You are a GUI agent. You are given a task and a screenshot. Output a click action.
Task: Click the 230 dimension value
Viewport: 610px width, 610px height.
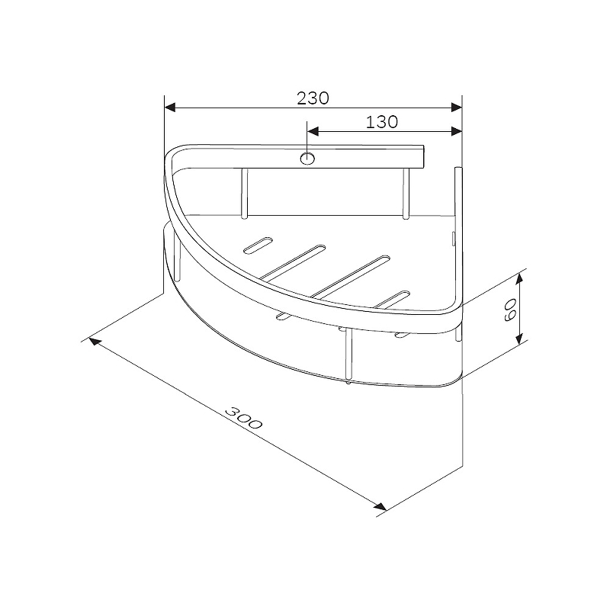313,98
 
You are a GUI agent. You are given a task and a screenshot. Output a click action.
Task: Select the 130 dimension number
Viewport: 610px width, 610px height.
382,122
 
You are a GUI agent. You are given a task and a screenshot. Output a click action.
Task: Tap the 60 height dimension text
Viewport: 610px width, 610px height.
509,310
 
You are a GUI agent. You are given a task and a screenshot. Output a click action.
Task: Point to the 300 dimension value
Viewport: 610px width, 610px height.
244,417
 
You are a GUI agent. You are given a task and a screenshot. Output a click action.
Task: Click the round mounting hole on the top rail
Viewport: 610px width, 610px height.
307,159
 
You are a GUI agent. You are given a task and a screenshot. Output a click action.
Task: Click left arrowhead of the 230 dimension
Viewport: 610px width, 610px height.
170,108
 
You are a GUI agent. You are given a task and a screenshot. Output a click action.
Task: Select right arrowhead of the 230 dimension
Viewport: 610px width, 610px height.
456,108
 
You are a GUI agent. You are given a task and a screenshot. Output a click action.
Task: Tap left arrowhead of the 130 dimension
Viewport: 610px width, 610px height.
313,131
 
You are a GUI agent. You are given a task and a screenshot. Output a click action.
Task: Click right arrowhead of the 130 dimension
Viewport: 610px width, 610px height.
456,131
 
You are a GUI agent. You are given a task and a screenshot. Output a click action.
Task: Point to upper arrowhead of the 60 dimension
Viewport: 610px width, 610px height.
519,279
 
